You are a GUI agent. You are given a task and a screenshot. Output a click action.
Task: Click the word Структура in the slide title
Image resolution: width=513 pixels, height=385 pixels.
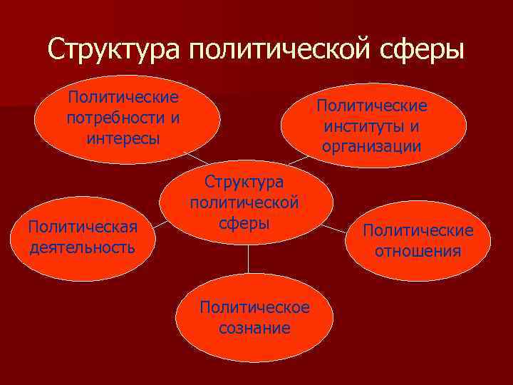115,50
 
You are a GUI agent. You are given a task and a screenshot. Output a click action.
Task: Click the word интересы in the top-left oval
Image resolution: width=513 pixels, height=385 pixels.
123,137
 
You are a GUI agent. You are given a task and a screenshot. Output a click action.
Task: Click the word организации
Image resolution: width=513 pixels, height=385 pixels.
371,146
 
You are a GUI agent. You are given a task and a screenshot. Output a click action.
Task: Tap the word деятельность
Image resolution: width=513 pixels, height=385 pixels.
81,247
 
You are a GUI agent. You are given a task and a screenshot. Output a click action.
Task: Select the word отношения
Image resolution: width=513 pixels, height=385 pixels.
418,251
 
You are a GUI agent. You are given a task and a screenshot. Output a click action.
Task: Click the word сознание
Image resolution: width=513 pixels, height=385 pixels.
255,328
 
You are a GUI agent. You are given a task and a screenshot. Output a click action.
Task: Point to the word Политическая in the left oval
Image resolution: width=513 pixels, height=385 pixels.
81,227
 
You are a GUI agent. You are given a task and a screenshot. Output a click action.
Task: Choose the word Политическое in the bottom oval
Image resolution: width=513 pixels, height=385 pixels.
255,307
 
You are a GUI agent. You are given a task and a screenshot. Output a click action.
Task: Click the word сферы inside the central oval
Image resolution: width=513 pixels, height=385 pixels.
244,223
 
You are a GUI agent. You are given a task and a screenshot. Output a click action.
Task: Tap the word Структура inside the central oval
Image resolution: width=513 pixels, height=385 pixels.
244,183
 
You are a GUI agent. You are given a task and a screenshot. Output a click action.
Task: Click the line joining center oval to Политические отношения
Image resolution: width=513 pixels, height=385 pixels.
335,227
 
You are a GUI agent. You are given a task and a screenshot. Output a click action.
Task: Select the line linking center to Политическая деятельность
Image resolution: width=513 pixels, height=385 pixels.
159,225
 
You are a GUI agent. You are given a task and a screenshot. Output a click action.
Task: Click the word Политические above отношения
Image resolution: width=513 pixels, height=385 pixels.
418,230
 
